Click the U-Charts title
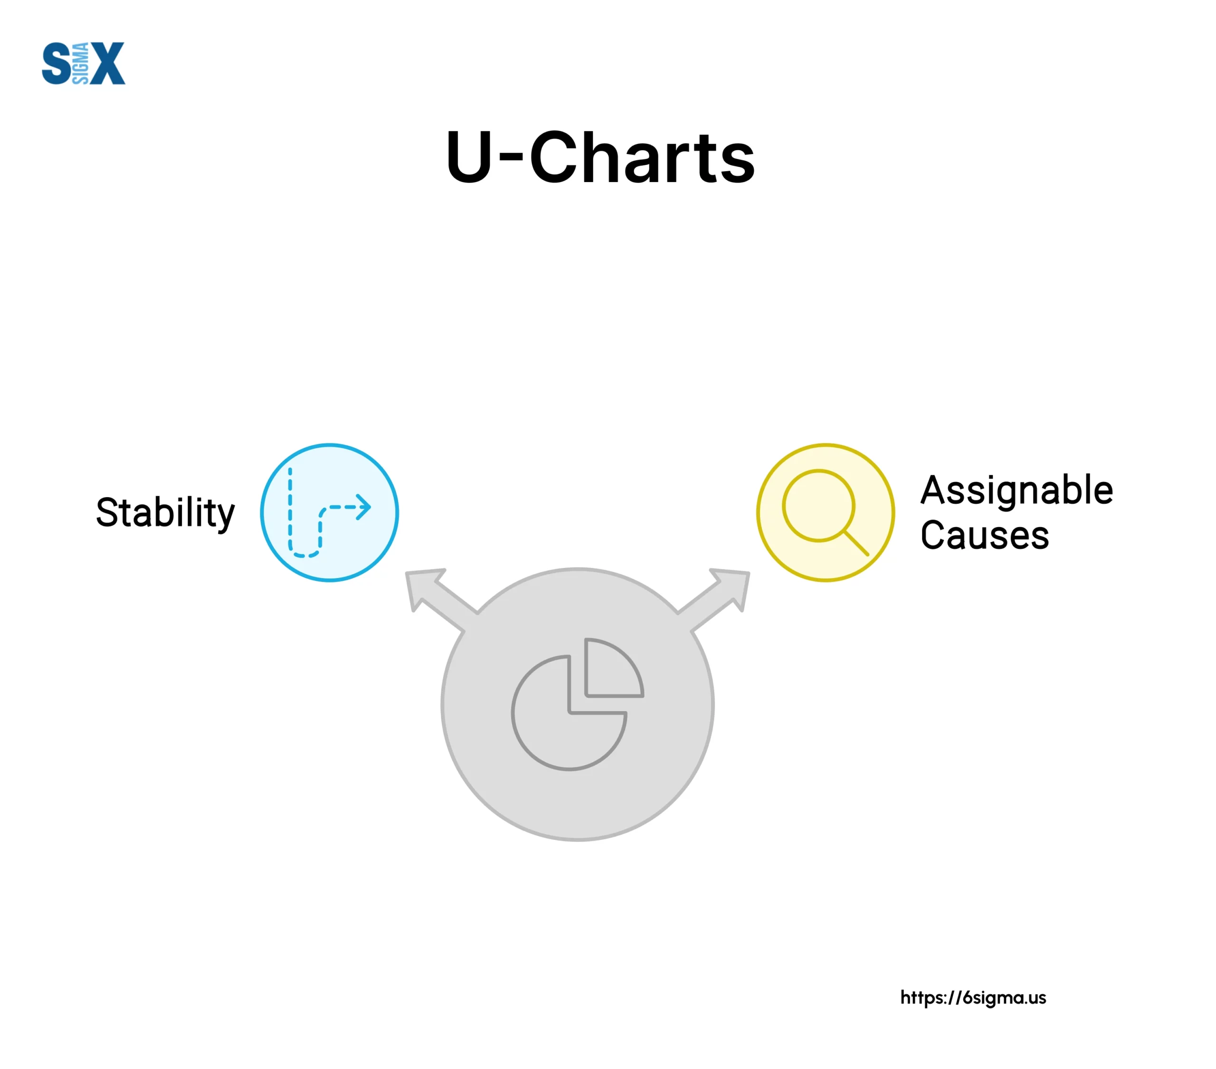click(600, 157)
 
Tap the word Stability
click(165, 512)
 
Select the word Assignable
click(1016, 491)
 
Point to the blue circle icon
click(330, 512)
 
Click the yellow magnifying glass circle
click(826, 512)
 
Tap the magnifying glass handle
click(857, 543)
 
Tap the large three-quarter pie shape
click(569, 713)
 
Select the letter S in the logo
click(57, 63)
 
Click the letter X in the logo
click(108, 63)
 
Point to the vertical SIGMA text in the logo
click(80, 63)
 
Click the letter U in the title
click(469, 157)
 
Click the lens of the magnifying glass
click(818, 505)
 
